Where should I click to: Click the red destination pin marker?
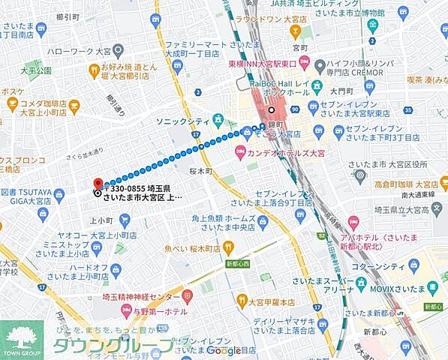[x=97, y=182]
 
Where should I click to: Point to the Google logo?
[x=224, y=350]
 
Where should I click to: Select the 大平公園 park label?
[x=36, y=70]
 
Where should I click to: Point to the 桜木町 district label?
[x=201, y=170]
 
